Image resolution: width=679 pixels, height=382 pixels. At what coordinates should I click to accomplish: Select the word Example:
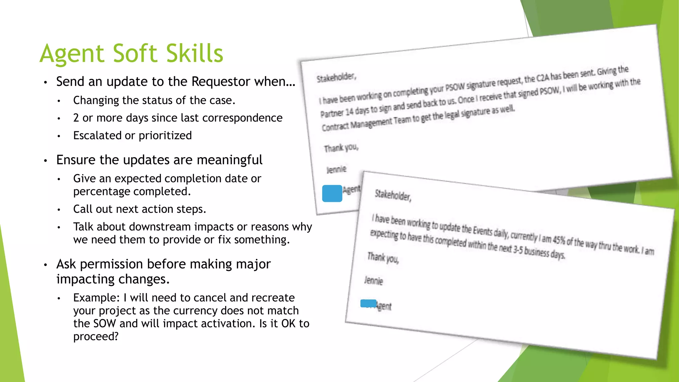[96, 298]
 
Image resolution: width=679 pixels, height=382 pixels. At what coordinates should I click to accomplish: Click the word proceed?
[96, 337]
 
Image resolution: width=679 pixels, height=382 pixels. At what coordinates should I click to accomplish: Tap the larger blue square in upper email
[332, 193]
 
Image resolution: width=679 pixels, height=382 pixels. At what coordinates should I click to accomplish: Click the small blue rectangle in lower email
[368, 303]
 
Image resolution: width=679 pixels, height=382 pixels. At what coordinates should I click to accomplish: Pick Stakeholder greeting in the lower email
[393, 195]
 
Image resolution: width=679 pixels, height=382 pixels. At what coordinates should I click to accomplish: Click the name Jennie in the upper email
[336, 170]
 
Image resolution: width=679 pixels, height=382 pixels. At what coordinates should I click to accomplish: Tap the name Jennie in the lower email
[374, 281]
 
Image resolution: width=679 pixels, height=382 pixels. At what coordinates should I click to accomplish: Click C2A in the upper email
[543, 78]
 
